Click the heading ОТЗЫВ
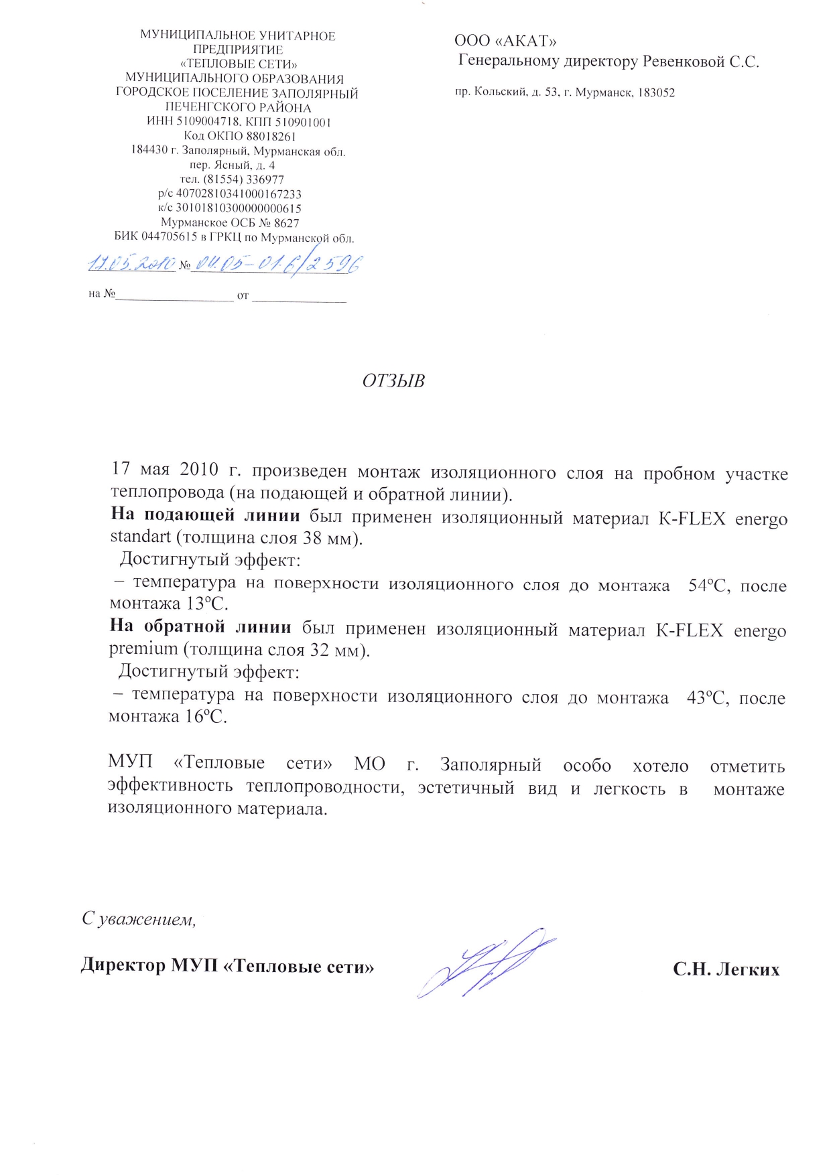(x=393, y=381)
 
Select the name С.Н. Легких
(x=726, y=969)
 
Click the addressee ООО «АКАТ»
(x=505, y=41)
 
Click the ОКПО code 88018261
(x=271, y=136)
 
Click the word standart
(x=141, y=538)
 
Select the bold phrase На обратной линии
(x=200, y=628)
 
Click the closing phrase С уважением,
(x=139, y=918)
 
